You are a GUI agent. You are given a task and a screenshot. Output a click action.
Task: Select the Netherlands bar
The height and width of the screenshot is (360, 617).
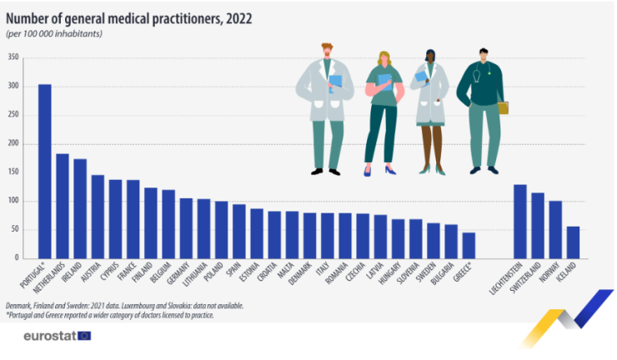(63, 206)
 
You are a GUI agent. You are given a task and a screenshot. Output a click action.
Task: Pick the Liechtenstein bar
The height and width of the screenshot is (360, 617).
(519, 221)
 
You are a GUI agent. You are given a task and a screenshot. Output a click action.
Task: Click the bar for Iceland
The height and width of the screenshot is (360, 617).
(573, 242)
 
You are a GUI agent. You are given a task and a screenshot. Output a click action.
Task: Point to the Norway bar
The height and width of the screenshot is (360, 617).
(555, 229)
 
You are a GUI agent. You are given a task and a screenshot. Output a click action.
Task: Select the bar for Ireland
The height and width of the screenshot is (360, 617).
(80, 208)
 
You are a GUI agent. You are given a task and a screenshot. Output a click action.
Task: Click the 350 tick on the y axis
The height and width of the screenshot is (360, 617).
(13, 57)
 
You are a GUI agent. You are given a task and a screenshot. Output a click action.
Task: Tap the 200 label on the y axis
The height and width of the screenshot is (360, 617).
(13, 143)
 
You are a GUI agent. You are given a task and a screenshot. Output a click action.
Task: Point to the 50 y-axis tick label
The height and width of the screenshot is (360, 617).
(15, 229)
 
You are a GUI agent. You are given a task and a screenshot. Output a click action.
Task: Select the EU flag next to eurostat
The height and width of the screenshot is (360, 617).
(83, 336)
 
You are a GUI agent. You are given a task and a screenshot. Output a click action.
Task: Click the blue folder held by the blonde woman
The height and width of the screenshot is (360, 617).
(384, 82)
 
